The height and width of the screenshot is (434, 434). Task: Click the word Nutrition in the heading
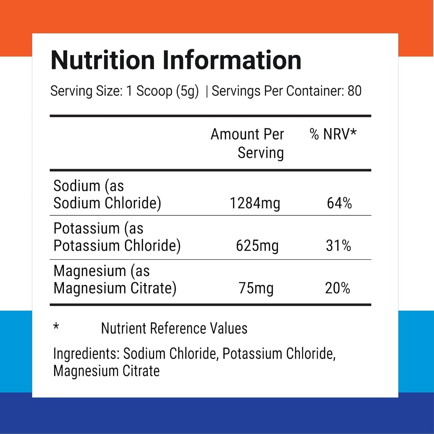click(x=103, y=60)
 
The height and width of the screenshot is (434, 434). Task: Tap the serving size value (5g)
click(x=187, y=91)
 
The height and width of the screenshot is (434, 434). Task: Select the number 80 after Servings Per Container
click(x=354, y=91)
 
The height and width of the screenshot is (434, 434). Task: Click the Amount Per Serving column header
click(x=247, y=143)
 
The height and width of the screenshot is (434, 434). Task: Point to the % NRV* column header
click(x=333, y=134)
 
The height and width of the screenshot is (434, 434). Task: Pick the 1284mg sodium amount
click(x=255, y=203)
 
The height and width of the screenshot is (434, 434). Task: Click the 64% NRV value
click(x=339, y=203)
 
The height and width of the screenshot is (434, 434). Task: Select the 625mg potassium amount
click(x=257, y=246)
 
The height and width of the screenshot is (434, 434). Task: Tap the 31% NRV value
click(x=338, y=246)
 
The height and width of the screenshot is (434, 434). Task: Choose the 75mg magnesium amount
click(x=256, y=288)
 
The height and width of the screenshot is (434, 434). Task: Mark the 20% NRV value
click(x=337, y=288)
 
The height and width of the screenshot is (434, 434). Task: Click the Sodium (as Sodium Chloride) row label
click(x=107, y=194)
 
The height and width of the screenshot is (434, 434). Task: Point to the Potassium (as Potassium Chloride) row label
click(x=117, y=237)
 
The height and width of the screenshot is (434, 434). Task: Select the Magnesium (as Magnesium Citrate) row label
click(x=115, y=279)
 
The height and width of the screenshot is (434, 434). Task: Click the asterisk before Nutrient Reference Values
click(x=56, y=327)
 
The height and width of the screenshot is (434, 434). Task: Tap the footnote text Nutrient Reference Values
click(x=174, y=328)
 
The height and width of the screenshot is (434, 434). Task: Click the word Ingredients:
click(x=87, y=354)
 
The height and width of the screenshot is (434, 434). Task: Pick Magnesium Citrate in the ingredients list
click(x=106, y=371)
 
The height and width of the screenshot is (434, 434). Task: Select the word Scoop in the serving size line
click(x=155, y=91)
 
